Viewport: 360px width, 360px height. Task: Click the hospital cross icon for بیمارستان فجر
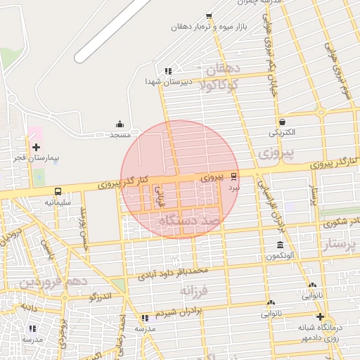[36, 147]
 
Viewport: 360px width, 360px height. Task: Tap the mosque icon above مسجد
[118, 124]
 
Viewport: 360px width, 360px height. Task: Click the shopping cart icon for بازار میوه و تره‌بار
[209, 16]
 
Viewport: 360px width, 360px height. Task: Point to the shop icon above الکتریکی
[281, 122]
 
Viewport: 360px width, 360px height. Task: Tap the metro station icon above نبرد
[234, 177]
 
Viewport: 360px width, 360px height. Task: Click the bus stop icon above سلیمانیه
[57, 191]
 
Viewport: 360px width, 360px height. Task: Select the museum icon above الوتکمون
[281, 245]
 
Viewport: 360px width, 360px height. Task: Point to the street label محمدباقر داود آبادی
[172, 272]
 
